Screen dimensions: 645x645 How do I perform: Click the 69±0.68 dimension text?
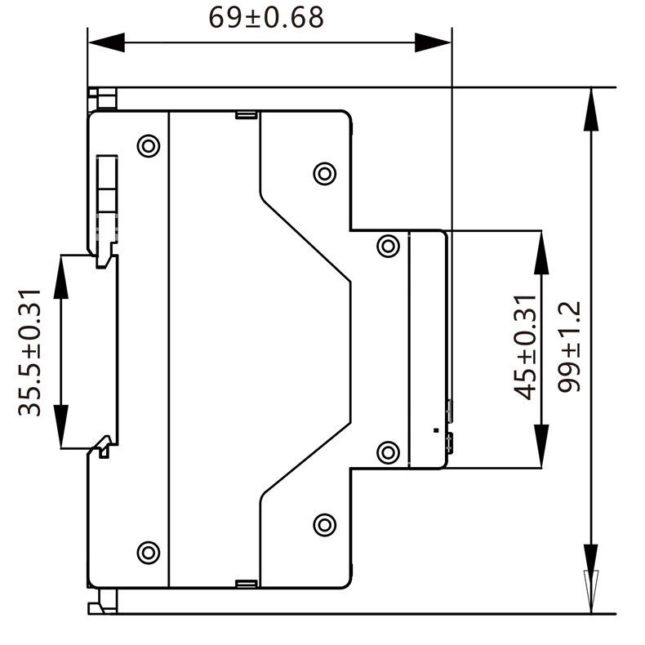266,18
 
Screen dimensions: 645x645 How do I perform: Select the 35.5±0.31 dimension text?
30,352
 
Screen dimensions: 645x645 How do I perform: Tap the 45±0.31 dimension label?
527,347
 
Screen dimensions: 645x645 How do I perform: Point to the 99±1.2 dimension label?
570,346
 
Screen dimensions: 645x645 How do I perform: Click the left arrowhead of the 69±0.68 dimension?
105,42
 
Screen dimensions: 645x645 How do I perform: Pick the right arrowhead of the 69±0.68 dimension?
433,42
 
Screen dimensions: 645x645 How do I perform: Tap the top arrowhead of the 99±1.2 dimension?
591,107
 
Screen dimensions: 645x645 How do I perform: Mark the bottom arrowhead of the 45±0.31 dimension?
541,448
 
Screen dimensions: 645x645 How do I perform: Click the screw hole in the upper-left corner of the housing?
148,146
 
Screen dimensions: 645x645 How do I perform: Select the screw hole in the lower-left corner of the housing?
148,553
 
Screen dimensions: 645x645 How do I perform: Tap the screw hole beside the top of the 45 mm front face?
389,246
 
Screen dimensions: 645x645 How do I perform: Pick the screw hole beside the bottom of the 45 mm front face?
389,451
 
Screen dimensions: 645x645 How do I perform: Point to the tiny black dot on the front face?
436,429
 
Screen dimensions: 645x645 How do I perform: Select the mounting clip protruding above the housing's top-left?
104,98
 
